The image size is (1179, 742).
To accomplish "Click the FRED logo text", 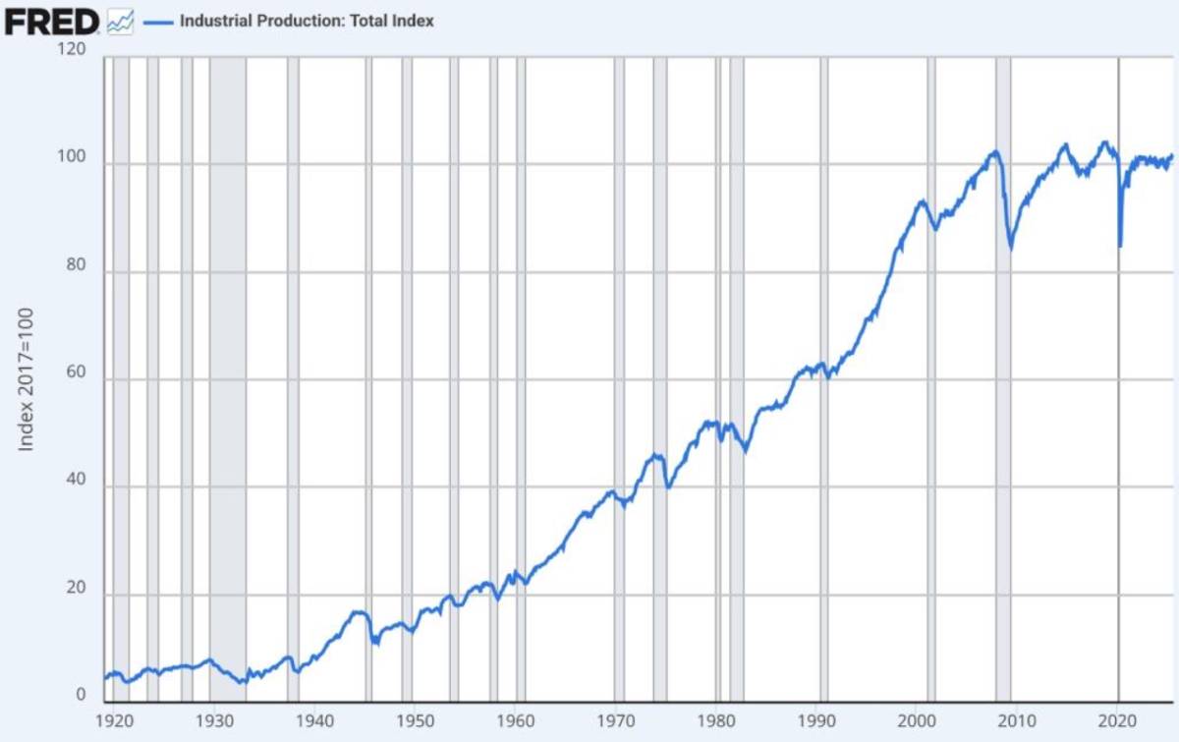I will click(x=51, y=21).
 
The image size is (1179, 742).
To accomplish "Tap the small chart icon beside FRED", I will click(x=120, y=22).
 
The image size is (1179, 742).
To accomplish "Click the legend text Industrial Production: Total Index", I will click(x=307, y=21).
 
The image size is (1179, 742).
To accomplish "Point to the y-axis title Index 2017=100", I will click(x=27, y=379).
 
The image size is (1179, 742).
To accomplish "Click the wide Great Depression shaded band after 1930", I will click(x=228, y=393).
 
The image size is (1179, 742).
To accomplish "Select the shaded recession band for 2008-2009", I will click(x=1003, y=393).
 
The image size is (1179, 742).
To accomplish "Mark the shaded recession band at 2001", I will click(x=931, y=393).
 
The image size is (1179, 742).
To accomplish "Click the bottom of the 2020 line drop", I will click(x=1120, y=246).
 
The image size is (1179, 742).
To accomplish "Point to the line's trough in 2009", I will click(x=1011, y=248).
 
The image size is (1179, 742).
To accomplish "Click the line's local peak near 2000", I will click(x=922, y=201).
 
